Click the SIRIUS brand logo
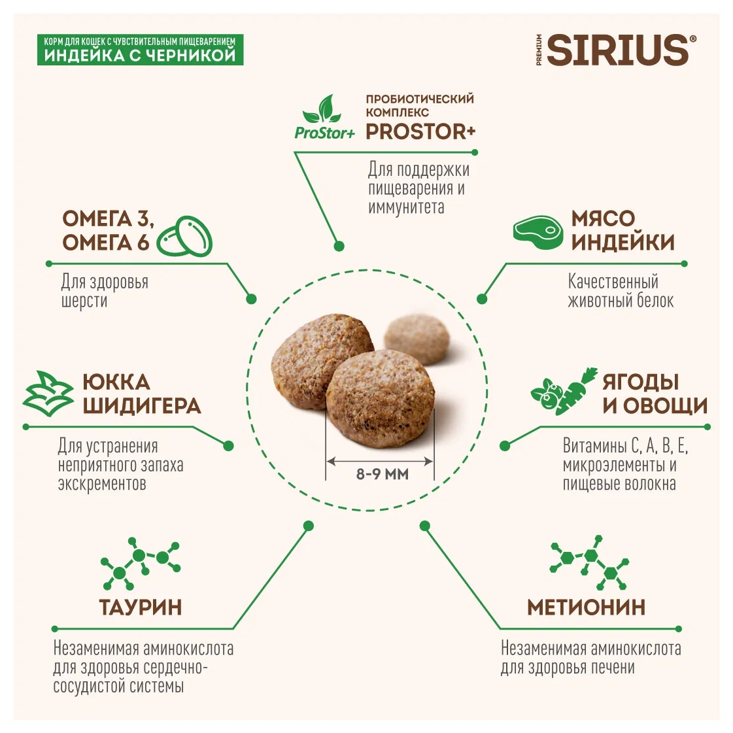click(618, 50)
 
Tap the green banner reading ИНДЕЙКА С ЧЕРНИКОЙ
click(140, 50)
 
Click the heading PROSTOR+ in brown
click(420, 131)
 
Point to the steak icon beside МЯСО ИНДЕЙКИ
click(537, 230)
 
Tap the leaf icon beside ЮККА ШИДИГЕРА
click(48, 393)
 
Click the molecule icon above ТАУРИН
click(140, 564)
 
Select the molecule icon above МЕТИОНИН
click(591, 563)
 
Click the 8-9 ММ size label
click(382, 474)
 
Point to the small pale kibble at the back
click(417, 339)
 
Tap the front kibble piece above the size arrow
click(380, 399)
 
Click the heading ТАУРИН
click(141, 607)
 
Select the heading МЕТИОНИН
click(586, 607)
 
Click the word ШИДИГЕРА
click(142, 405)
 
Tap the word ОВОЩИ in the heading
click(665, 405)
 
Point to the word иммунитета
click(406, 207)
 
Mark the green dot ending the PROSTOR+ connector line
click(339, 247)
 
